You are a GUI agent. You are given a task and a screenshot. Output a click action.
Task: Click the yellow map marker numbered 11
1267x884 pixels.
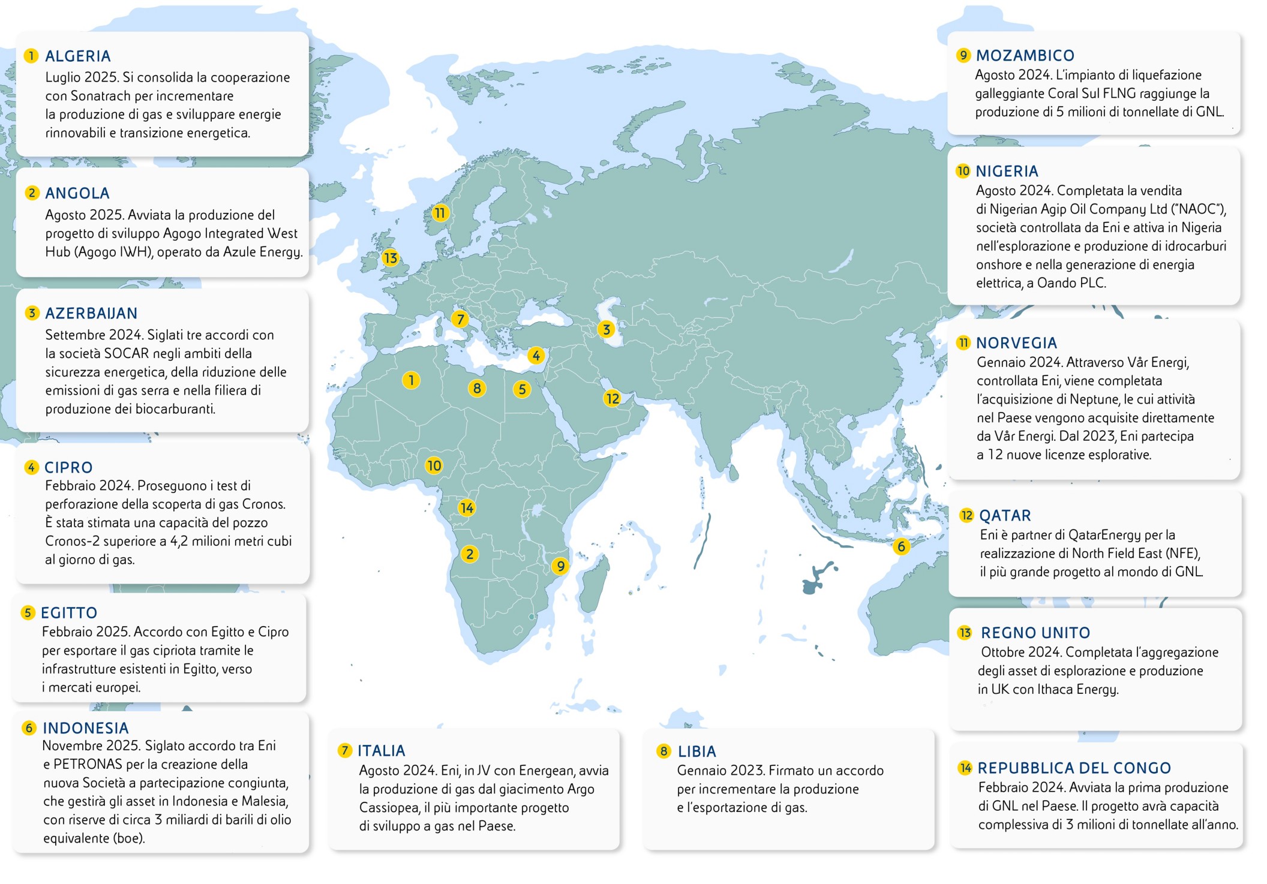click(x=440, y=213)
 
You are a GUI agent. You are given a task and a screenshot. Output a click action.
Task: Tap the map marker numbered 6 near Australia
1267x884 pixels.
click(x=900, y=546)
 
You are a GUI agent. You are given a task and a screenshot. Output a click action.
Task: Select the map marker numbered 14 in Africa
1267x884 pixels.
click(x=466, y=508)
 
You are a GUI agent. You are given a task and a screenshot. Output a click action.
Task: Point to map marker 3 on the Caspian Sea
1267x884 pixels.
click(x=606, y=329)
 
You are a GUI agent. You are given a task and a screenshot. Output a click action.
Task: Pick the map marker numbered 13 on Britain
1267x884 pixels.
click(x=390, y=258)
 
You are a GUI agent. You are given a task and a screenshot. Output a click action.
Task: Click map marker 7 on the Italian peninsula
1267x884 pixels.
click(x=460, y=319)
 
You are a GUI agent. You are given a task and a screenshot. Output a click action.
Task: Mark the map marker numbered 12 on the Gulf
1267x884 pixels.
click(x=612, y=398)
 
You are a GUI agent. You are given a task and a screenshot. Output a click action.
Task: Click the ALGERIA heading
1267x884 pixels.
click(x=78, y=56)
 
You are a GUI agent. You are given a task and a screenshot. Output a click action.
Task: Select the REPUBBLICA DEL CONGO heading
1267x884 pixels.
click(x=1074, y=768)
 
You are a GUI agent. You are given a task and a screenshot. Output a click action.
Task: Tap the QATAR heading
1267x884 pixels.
click(x=1005, y=516)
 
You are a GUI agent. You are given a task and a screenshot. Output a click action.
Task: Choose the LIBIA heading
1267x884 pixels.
click(x=696, y=751)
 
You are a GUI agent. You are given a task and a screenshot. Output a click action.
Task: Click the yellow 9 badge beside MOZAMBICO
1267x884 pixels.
click(x=963, y=55)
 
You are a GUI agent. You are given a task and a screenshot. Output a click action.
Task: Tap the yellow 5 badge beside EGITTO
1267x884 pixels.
click(x=28, y=613)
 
